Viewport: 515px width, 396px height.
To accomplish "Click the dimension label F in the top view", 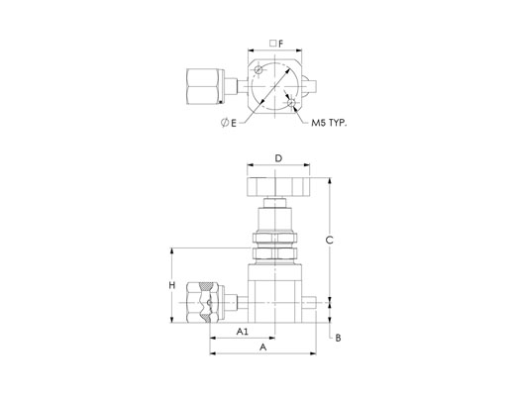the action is [281, 44].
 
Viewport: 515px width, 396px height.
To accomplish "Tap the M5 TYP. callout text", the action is [330, 123].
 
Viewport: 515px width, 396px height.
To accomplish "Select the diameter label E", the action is [234, 123].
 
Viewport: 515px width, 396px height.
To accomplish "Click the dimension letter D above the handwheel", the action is [279, 158].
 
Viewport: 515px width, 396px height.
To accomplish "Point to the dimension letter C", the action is [329, 241].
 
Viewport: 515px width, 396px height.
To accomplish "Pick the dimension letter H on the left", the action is [172, 285].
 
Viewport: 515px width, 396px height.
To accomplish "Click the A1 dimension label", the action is [243, 332].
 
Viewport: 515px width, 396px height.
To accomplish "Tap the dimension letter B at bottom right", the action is [338, 338].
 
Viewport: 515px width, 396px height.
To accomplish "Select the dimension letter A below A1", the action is [262, 347].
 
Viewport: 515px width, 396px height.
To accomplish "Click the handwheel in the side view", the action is [278, 187].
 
